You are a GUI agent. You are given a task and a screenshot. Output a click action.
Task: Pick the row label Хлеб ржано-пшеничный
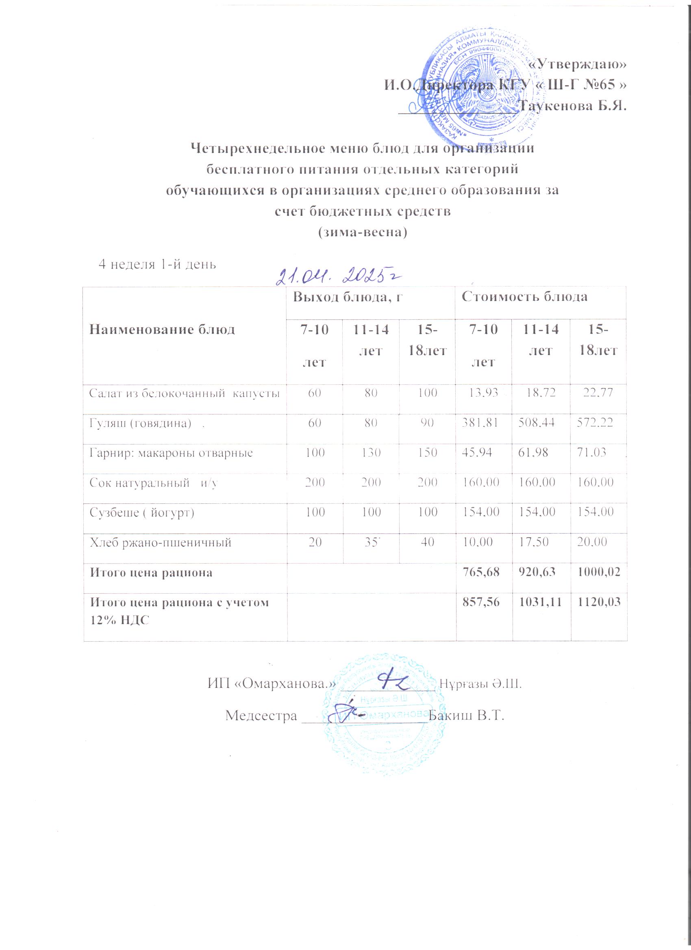[x=161, y=543]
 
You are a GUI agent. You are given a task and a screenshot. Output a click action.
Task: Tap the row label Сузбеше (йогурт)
[x=142, y=513]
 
